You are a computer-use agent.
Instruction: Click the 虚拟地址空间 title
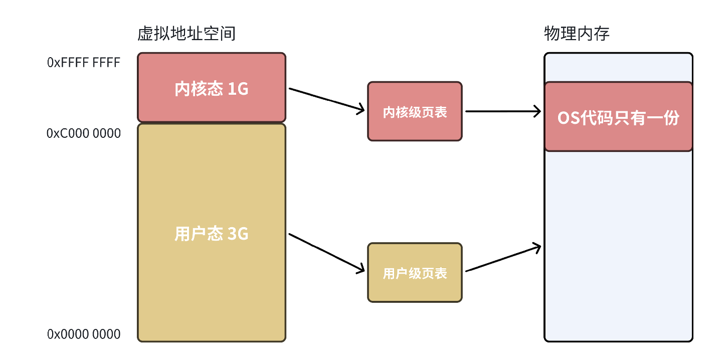pos(187,34)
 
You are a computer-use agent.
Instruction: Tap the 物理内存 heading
pos(577,34)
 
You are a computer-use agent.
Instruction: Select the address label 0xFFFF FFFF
pos(84,63)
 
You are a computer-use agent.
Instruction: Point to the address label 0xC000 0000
pos(84,133)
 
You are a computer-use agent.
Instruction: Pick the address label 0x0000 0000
pos(84,334)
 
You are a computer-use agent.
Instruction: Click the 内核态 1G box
pos(212,87)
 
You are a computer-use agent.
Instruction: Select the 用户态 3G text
pos(212,234)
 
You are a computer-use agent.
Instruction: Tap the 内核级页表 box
pos(415,111)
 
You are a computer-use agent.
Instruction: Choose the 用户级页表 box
pos(415,273)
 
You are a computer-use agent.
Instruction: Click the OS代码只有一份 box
pos(618,117)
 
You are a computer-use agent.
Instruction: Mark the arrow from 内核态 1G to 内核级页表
pos(326,99)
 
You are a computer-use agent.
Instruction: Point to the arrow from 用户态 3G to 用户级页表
pos(326,253)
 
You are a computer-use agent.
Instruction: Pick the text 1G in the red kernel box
pos(238,89)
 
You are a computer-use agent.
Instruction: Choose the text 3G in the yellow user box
pos(238,234)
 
